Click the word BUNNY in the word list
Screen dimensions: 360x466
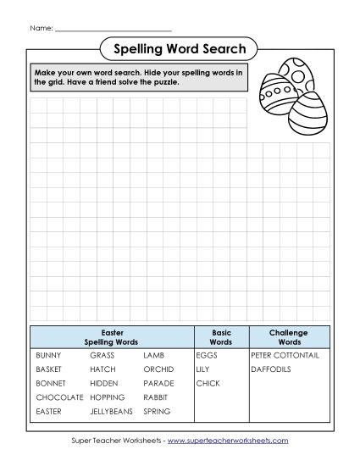tap(48, 356)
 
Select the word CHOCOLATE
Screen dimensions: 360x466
tap(59, 397)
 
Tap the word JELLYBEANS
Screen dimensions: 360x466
tap(111, 411)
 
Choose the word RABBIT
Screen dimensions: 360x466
tap(157, 397)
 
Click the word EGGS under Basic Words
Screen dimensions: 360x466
tap(207, 356)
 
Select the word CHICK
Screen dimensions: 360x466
tap(208, 383)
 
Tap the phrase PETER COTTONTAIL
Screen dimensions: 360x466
tap(284, 356)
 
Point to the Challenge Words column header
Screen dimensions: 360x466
tap(288, 336)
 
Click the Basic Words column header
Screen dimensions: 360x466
tap(220, 336)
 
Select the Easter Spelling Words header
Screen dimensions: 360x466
tap(112, 336)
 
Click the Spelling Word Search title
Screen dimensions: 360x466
tap(180, 49)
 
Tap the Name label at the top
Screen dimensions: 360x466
tap(41, 29)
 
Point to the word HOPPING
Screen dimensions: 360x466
tap(108, 397)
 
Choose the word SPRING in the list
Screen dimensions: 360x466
tap(157, 411)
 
